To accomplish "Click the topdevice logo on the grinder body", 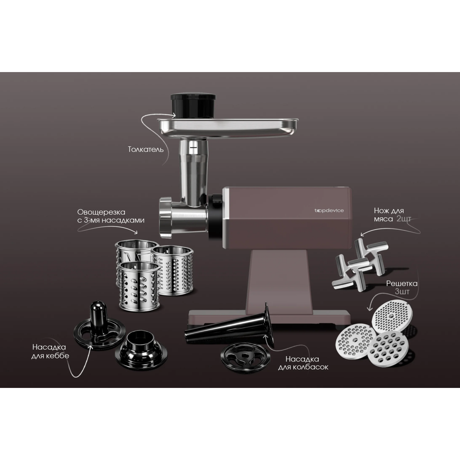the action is [329, 210].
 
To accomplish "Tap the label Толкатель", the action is [146, 149].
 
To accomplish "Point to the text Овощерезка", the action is [101, 212].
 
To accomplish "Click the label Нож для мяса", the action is [389, 215].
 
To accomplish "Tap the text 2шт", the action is [403, 219].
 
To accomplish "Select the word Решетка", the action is [402, 283].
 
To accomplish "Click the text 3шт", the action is [402, 292].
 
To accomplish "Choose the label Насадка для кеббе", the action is [50, 351].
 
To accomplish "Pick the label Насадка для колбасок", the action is [303, 363].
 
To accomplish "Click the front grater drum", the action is [140, 287].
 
